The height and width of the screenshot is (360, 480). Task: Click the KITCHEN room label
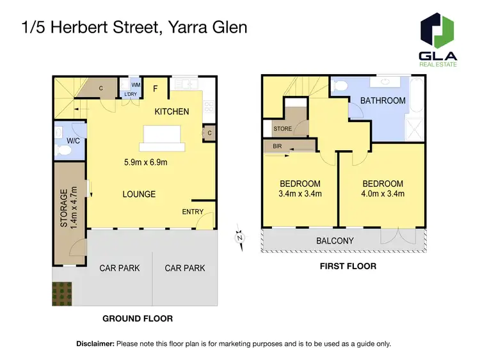pyautogui.click(x=172, y=112)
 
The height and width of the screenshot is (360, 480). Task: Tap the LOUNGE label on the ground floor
pyautogui.click(x=139, y=194)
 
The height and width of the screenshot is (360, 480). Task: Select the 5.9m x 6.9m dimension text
pyautogui.click(x=145, y=162)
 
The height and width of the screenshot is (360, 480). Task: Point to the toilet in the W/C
pyautogui.click(x=63, y=151)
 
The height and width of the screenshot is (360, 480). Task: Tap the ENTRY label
pyautogui.click(x=193, y=212)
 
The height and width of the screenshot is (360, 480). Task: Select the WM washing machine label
pyautogui.click(x=136, y=84)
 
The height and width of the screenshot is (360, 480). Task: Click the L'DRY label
pyautogui.click(x=131, y=95)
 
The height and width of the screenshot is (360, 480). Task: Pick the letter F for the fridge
pyautogui.click(x=156, y=88)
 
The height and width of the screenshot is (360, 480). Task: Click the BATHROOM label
pyautogui.click(x=383, y=100)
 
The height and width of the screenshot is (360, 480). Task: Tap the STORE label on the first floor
pyautogui.click(x=283, y=129)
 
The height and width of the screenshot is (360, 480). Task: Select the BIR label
pyautogui.click(x=277, y=146)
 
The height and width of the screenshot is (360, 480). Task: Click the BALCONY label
pyautogui.click(x=335, y=241)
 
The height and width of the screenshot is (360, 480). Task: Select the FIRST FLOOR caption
pyautogui.click(x=348, y=266)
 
